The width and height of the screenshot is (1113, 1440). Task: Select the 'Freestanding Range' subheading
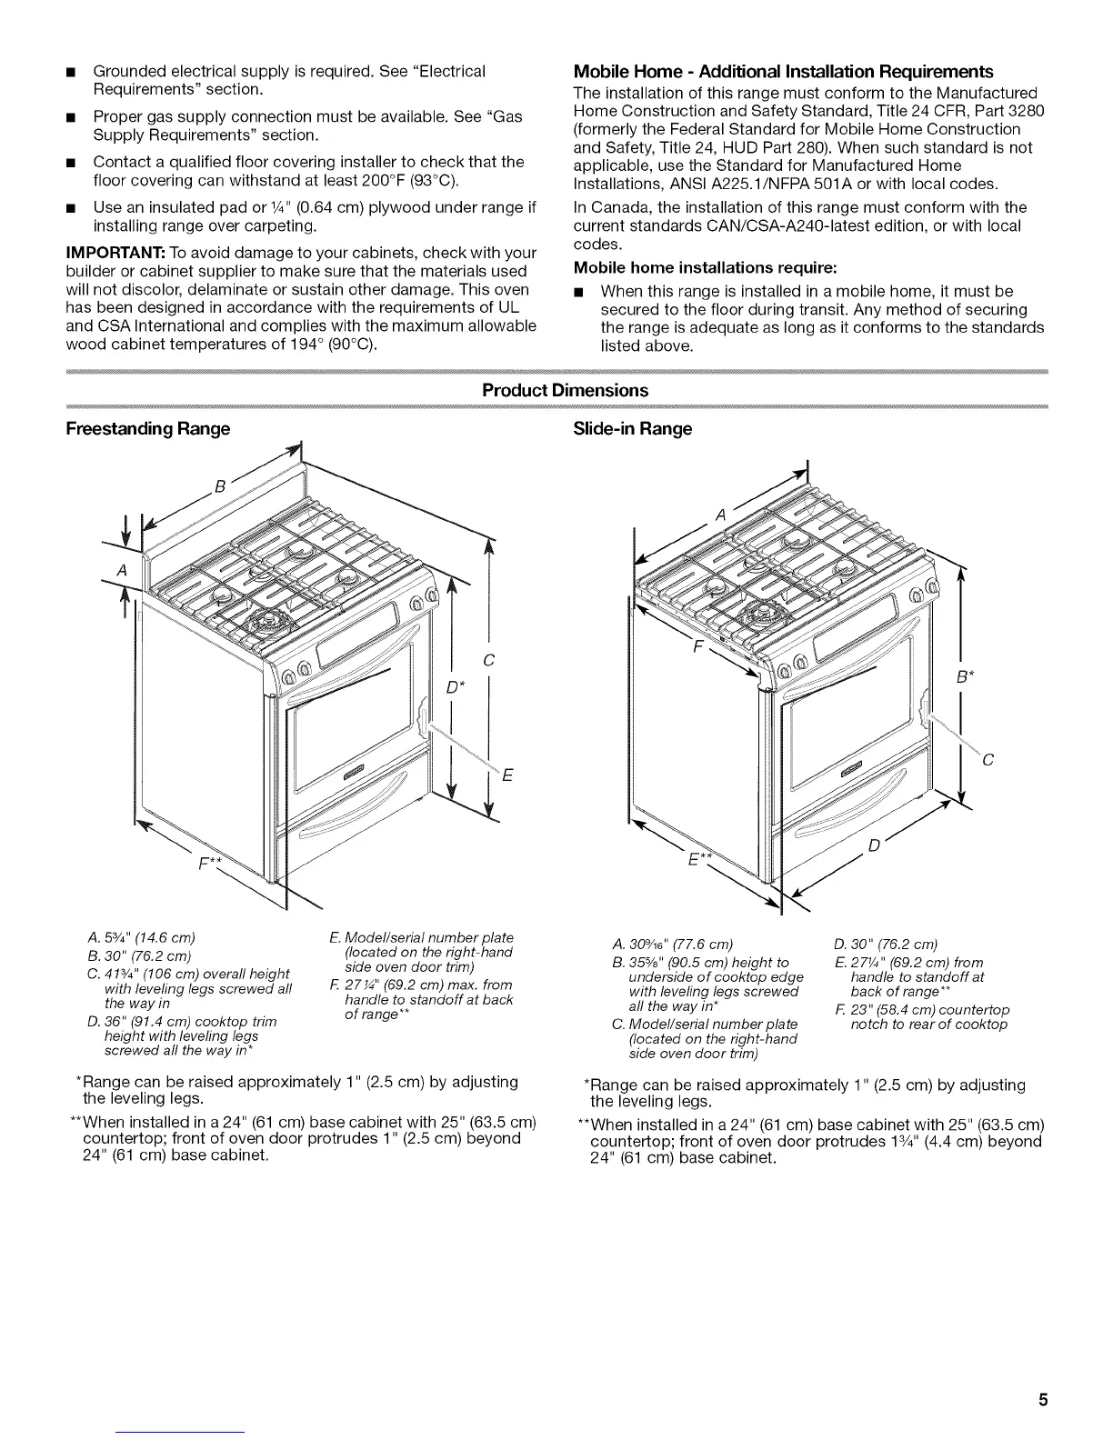[x=147, y=428]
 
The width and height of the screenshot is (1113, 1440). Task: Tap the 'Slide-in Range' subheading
[x=633, y=428]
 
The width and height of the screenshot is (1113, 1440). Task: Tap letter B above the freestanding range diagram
[x=219, y=484]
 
